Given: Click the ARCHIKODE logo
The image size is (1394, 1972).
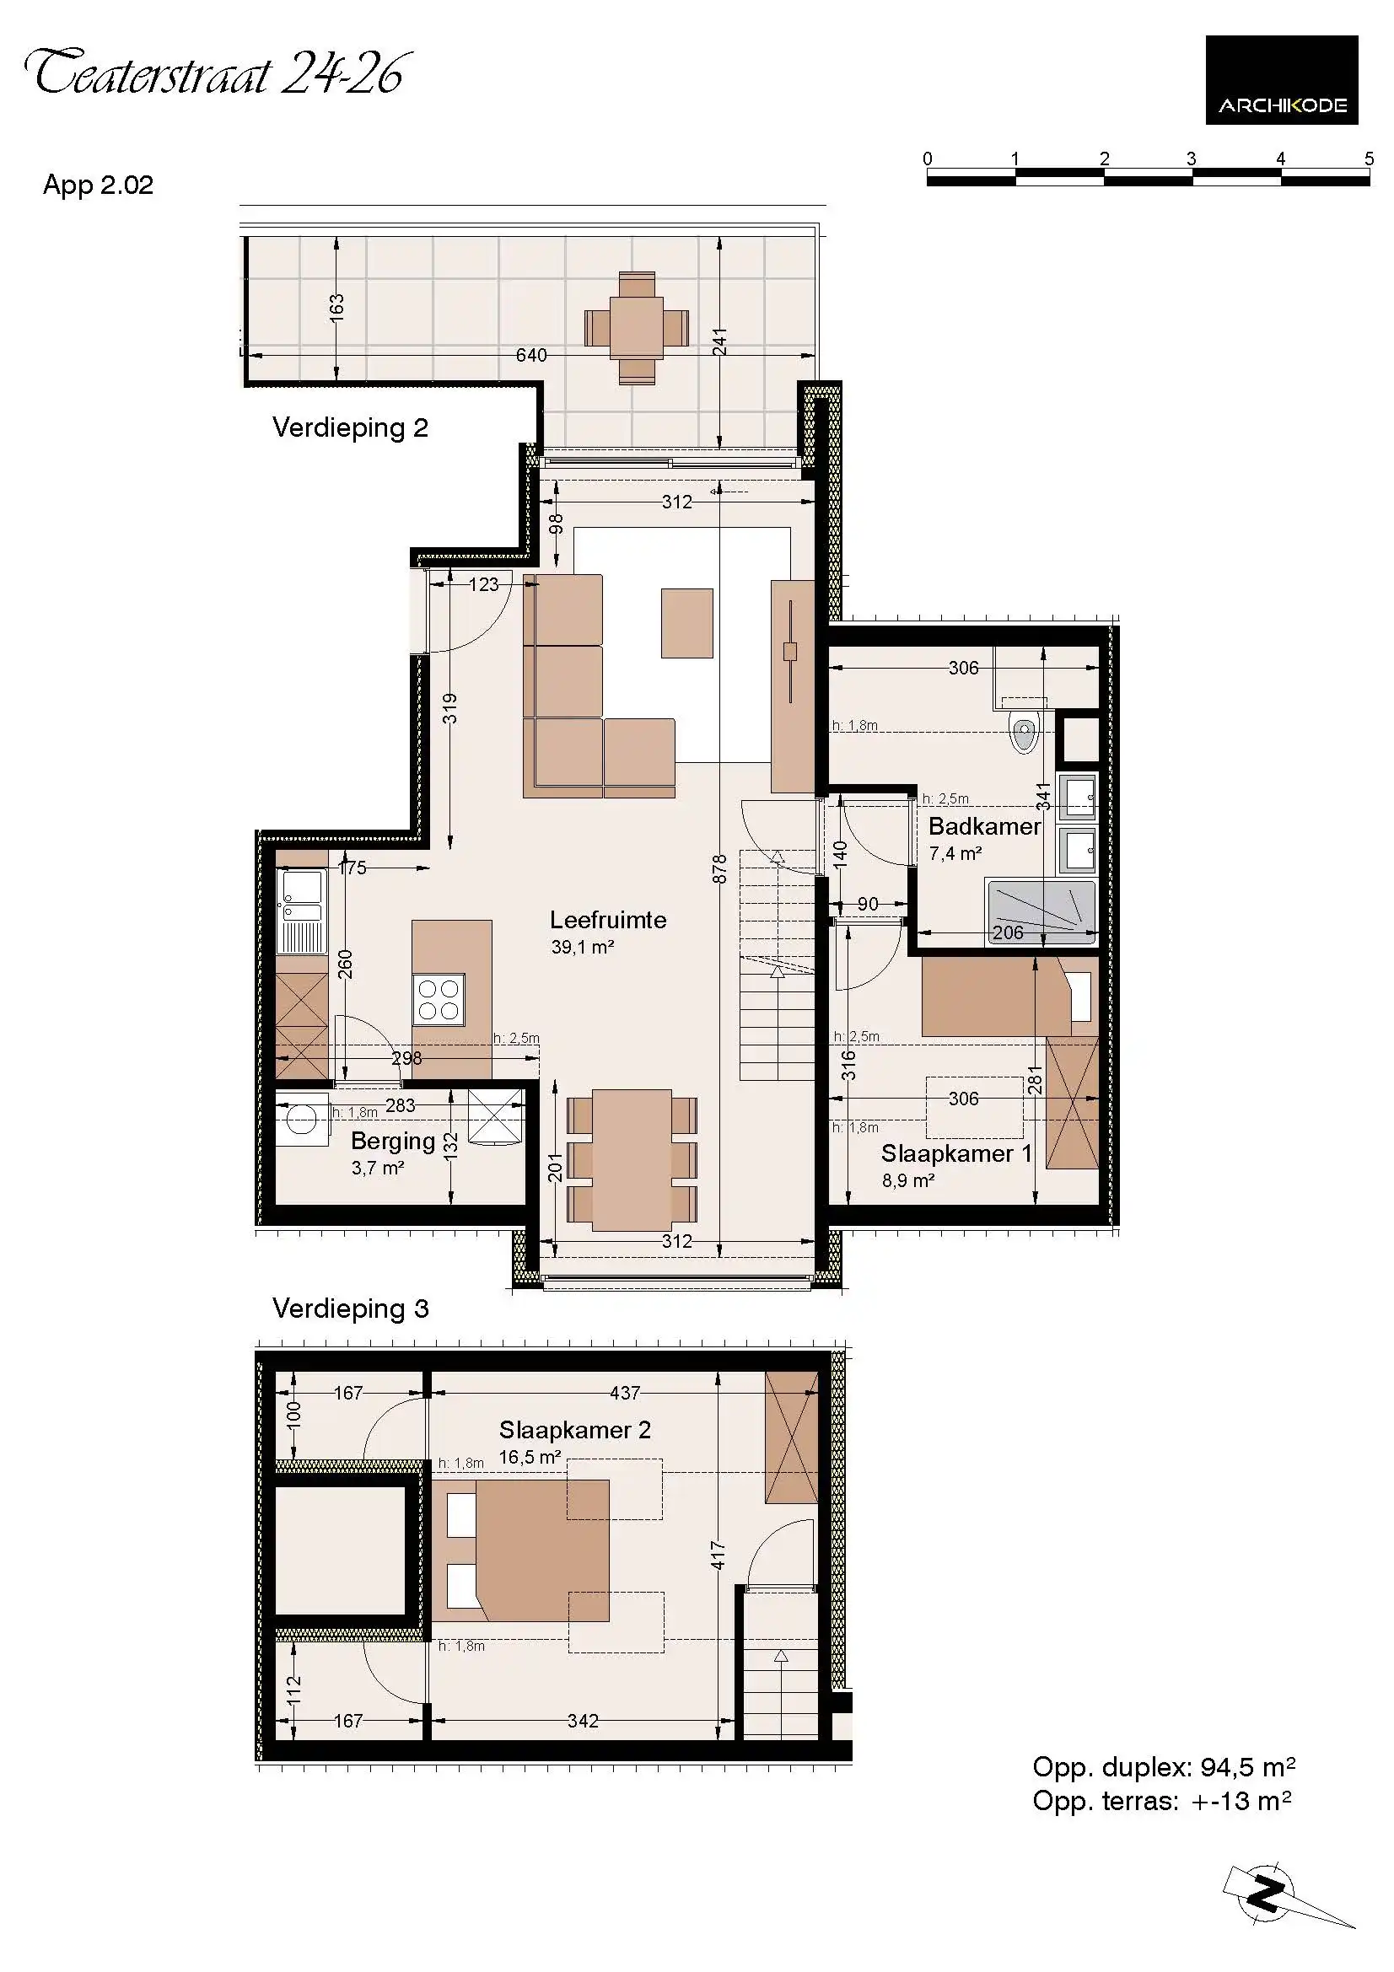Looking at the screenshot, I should (1281, 80).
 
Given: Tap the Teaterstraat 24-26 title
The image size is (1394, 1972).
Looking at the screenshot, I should (215, 73).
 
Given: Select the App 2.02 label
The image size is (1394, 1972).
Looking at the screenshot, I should (98, 185).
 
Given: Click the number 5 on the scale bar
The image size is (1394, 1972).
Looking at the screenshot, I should (1369, 158).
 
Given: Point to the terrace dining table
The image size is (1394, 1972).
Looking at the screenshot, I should (637, 327).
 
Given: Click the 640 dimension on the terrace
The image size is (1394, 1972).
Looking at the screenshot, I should (530, 355).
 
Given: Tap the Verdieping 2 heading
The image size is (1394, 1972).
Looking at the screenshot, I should (350, 427).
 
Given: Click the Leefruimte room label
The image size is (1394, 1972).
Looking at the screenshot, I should (607, 920).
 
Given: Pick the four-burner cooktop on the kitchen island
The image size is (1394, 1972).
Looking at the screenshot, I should (438, 1000).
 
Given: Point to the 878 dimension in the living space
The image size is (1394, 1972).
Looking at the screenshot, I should (719, 868).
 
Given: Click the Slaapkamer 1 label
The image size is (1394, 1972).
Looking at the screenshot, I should (956, 1153).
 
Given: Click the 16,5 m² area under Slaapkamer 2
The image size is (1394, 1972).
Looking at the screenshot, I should (530, 1458).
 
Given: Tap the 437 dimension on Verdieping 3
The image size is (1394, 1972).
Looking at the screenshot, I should (625, 1393).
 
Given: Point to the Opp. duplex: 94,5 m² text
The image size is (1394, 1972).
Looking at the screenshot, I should (1163, 1767).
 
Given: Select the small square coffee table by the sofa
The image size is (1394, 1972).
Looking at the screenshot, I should (686, 623).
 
